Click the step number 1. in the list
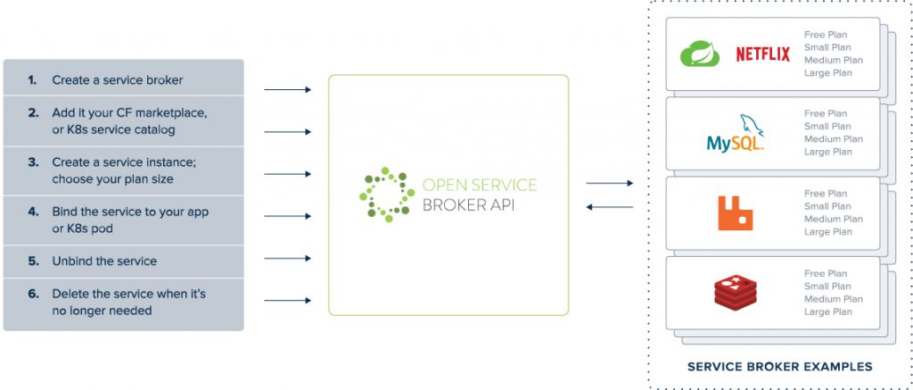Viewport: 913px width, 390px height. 32,80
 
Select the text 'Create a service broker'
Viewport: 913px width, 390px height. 117,80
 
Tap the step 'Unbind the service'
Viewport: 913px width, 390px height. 104,261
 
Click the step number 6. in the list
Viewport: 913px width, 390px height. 32,294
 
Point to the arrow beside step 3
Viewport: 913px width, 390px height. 287,174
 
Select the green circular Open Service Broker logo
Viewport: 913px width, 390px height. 386,195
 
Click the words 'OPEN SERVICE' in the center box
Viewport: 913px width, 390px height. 479,186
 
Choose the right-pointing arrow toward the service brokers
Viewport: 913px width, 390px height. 609,183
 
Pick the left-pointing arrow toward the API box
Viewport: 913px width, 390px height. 609,207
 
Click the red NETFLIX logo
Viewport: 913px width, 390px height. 762,54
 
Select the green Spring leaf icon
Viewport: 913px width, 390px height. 700,55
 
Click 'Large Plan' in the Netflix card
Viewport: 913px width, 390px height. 828,73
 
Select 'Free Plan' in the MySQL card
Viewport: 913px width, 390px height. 826,114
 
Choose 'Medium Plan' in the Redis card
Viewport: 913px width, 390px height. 833,299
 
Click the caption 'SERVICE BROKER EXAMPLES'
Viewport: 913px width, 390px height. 779,367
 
